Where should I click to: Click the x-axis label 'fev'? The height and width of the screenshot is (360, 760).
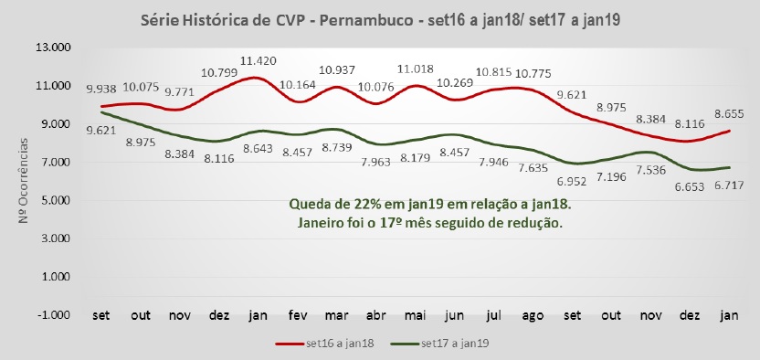click(x=297, y=315)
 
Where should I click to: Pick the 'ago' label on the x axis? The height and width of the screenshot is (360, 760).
click(x=534, y=315)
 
